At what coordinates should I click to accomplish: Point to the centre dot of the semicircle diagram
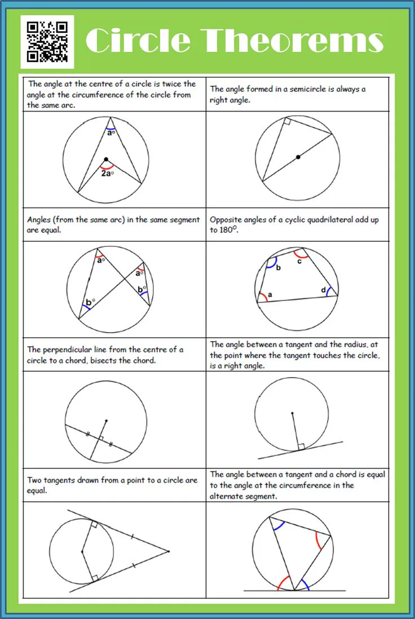pyautogui.click(x=298, y=157)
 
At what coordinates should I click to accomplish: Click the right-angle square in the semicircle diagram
pyautogui.click(x=287, y=122)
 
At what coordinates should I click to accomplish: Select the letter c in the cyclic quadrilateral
pyautogui.click(x=299, y=260)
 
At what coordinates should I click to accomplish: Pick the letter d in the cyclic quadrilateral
pyautogui.click(x=324, y=290)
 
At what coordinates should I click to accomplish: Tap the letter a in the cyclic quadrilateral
pyautogui.click(x=270, y=294)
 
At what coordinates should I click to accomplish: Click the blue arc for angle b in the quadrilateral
pyautogui.click(x=271, y=262)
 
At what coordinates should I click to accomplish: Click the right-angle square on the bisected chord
pyautogui.click(x=101, y=438)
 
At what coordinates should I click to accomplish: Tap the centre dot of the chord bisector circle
pyautogui.click(x=107, y=421)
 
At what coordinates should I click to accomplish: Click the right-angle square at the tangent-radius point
pyautogui.click(x=301, y=446)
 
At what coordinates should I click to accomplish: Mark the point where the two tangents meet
pyautogui.click(x=169, y=551)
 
